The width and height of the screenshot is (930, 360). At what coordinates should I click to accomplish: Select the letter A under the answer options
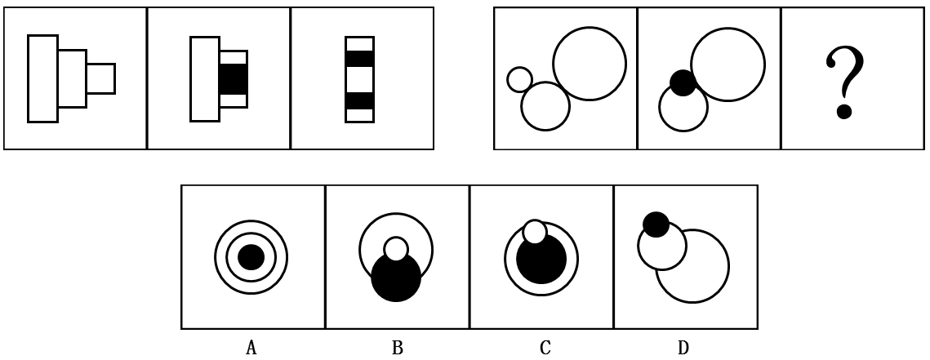[x=251, y=349]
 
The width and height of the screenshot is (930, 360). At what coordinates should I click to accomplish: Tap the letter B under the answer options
[x=397, y=349]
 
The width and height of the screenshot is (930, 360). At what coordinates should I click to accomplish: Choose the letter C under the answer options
[x=545, y=349]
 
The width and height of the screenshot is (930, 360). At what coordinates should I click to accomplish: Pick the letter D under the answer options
[x=683, y=349]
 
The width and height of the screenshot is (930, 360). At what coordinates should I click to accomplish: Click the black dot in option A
[x=251, y=258]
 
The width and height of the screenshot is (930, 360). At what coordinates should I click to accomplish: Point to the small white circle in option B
[x=396, y=248]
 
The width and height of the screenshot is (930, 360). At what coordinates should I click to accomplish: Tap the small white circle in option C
[x=535, y=232]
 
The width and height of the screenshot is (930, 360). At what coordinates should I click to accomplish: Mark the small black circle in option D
[x=656, y=224]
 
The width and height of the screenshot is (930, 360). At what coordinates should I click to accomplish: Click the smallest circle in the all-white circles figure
[x=519, y=79]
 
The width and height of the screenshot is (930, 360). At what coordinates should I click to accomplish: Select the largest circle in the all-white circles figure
[x=590, y=63]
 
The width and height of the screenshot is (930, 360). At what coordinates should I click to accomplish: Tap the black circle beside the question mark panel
[x=683, y=82]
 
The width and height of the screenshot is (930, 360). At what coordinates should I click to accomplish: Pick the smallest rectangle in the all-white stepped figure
[x=100, y=78]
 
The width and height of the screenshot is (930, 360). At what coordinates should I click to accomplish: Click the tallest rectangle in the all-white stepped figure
[x=42, y=78]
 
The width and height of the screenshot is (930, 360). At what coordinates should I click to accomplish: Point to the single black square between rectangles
[x=233, y=79]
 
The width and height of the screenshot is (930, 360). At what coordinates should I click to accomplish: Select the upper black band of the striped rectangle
[x=359, y=59]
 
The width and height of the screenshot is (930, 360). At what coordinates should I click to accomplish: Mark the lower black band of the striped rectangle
[x=359, y=100]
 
